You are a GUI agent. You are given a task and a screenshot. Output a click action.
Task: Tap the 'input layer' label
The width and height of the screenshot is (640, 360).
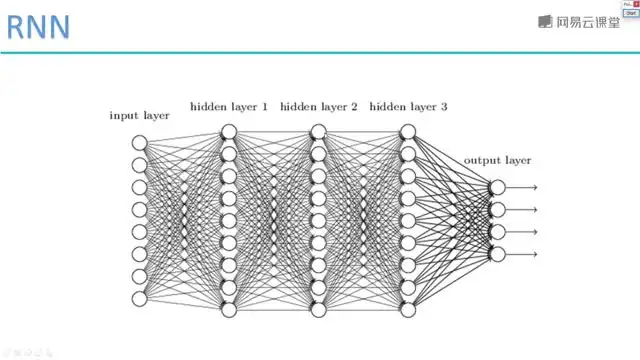point(139,116)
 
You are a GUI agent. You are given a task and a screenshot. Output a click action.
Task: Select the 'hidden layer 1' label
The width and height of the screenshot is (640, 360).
point(228,106)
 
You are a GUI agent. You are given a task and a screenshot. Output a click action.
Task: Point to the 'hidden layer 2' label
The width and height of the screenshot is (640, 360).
point(318,106)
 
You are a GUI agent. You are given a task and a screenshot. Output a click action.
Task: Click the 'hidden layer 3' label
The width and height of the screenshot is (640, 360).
point(408,106)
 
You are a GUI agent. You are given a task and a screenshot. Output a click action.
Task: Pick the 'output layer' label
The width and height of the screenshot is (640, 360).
point(497,160)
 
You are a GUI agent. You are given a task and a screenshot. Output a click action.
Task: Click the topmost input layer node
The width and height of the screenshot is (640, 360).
point(140,143)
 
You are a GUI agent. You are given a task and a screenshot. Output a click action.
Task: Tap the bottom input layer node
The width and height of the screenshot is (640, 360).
point(140,298)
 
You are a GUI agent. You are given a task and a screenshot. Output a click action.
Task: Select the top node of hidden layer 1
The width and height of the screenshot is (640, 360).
point(229,131)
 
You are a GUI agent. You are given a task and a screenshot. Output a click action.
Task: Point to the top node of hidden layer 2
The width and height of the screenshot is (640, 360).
point(318,131)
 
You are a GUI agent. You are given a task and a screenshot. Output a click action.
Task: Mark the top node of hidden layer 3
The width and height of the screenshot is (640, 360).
point(408,131)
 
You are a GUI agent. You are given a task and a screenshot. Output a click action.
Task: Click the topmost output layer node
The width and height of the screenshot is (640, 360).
point(497,187)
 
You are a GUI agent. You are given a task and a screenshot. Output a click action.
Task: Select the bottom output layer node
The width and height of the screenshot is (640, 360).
point(497,254)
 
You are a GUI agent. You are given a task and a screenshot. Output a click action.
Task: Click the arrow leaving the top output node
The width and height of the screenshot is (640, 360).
point(524,187)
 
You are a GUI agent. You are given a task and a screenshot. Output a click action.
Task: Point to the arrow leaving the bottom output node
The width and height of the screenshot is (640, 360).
point(524,254)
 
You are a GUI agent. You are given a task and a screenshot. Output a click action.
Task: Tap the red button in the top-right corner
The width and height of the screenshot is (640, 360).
point(635,5)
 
